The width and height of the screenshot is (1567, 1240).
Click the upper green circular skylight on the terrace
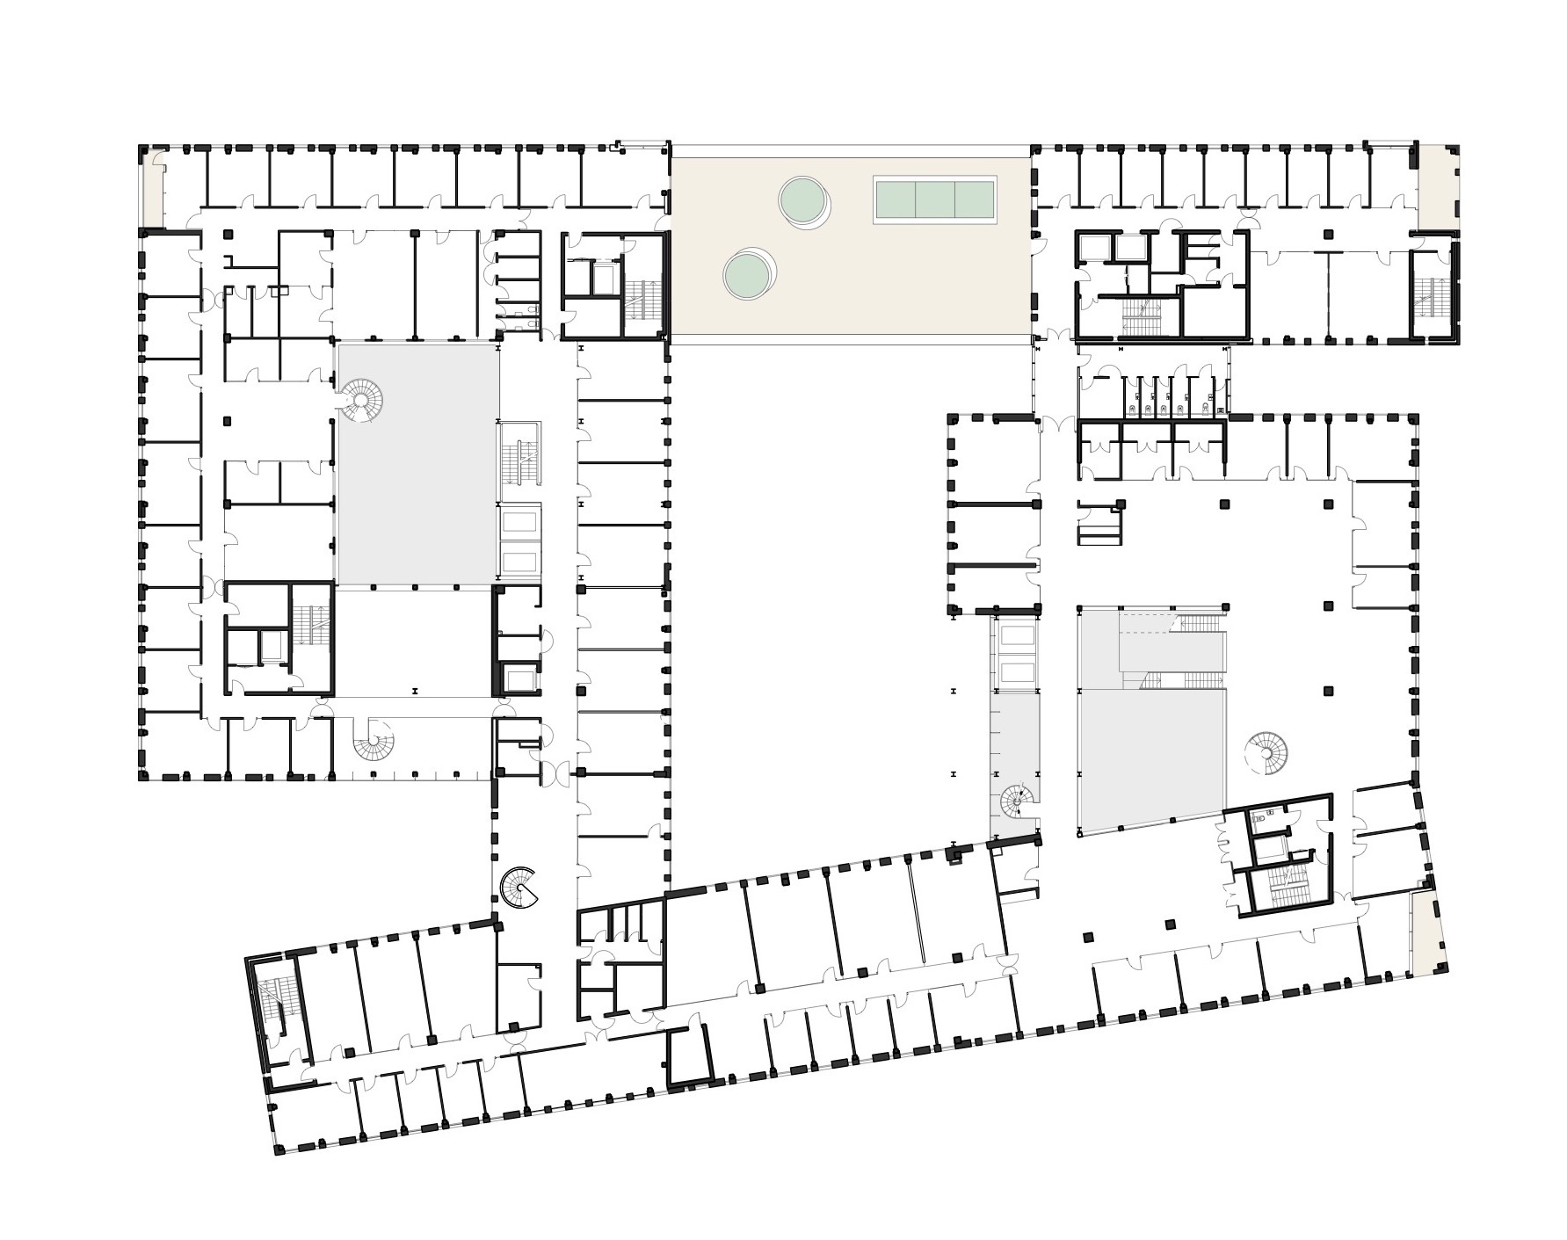pos(803,199)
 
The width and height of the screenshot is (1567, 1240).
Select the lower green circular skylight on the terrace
pos(748,273)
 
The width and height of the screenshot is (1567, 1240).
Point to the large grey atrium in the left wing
pos(417,464)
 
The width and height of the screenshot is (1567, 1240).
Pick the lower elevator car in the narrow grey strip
pos(1017,672)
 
